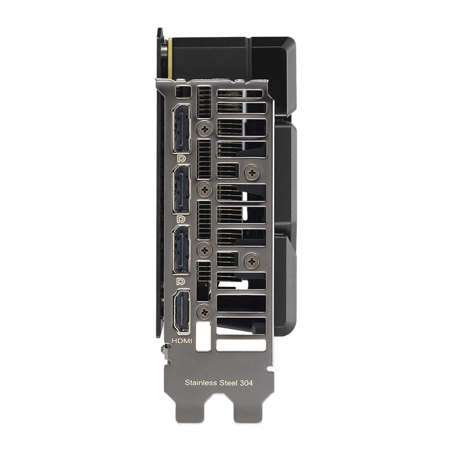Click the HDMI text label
pos(181,341)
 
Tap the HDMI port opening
pos(181,311)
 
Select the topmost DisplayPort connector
pos(181,128)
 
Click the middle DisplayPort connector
pos(181,190)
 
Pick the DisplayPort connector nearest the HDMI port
pos(181,250)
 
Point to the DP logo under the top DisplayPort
pos(181,159)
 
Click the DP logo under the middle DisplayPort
pos(181,219)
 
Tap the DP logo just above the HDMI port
pos(181,281)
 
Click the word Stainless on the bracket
pos(201,383)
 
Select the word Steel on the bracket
pos(229,383)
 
